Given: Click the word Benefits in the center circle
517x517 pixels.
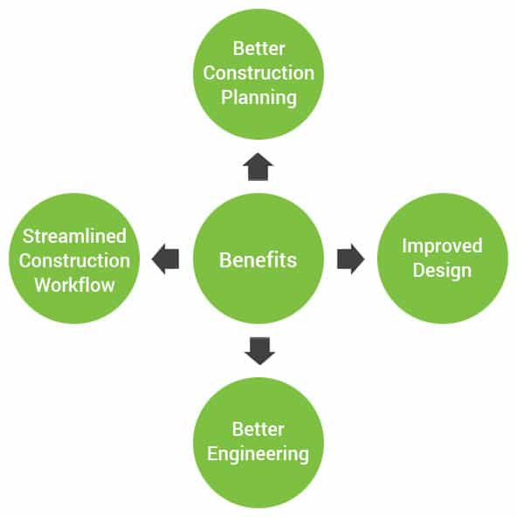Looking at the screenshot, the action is click(x=258, y=260).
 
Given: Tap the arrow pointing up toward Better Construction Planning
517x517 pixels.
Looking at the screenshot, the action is click(x=258, y=167).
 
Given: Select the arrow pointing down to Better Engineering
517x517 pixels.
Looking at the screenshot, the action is click(x=260, y=351).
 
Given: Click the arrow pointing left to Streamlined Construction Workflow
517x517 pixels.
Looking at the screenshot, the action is click(x=165, y=258).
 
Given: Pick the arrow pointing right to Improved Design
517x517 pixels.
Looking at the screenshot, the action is click(x=351, y=258).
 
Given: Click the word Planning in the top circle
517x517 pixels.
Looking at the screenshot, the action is click(x=258, y=98).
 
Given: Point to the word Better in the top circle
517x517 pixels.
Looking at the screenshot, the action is click(x=258, y=49).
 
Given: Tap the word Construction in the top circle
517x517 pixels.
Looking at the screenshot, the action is click(x=258, y=73).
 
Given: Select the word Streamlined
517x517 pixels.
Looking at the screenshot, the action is click(x=74, y=236).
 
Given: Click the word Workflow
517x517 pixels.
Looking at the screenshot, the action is click(x=75, y=286).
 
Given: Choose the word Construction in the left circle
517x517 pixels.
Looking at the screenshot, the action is click(x=74, y=261).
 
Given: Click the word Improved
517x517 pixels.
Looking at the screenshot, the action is click(x=442, y=246).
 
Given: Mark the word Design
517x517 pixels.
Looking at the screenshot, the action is click(x=442, y=271).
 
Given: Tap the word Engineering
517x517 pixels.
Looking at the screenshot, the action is click(x=258, y=455).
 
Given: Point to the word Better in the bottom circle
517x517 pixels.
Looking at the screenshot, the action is click(x=258, y=430).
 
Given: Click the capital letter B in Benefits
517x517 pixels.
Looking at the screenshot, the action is click(x=224, y=260).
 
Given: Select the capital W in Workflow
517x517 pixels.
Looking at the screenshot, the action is click(x=44, y=286).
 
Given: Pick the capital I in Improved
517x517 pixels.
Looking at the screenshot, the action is click(x=403, y=245).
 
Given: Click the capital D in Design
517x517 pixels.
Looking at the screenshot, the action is click(x=418, y=271).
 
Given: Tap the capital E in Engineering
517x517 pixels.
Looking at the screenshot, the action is click(x=212, y=454).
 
